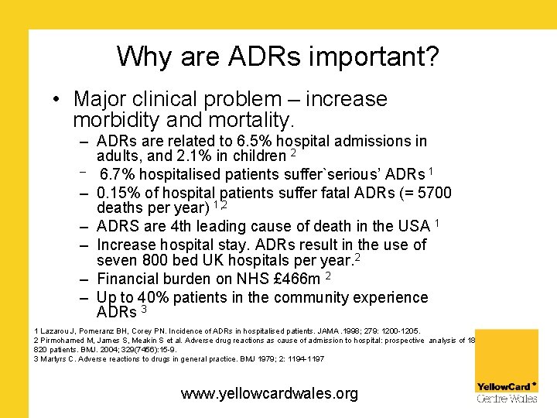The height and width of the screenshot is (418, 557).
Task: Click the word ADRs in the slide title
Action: [254, 57]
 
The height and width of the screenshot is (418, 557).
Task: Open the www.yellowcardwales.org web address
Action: [269, 393]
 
